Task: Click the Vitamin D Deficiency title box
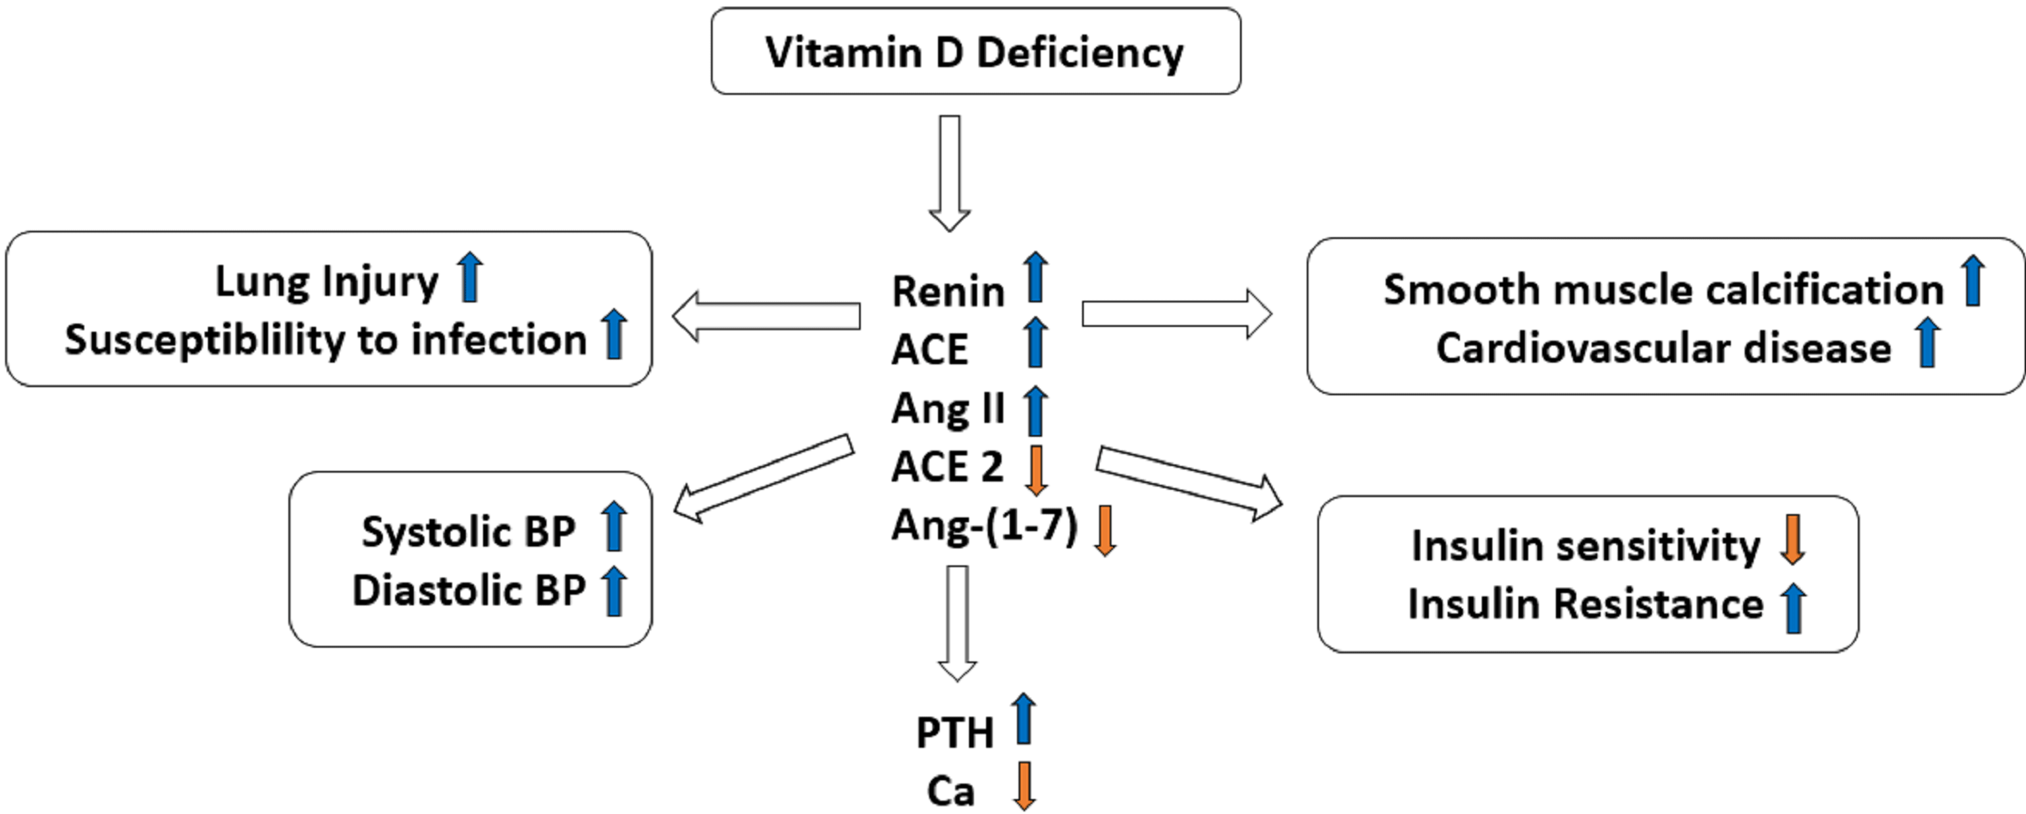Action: click(975, 52)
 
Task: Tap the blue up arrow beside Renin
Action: click(1035, 277)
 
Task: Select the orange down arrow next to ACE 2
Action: click(1036, 470)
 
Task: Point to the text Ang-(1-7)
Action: click(983, 526)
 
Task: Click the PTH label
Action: click(955, 733)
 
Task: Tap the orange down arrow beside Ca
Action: click(1023, 785)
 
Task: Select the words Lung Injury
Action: click(326, 282)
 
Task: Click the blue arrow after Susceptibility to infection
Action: click(615, 334)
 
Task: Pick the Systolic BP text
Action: click(468, 532)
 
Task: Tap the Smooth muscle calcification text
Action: click(1663, 289)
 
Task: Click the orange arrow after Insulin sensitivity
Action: click(1792, 540)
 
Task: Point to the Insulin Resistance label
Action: click(1585, 604)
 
